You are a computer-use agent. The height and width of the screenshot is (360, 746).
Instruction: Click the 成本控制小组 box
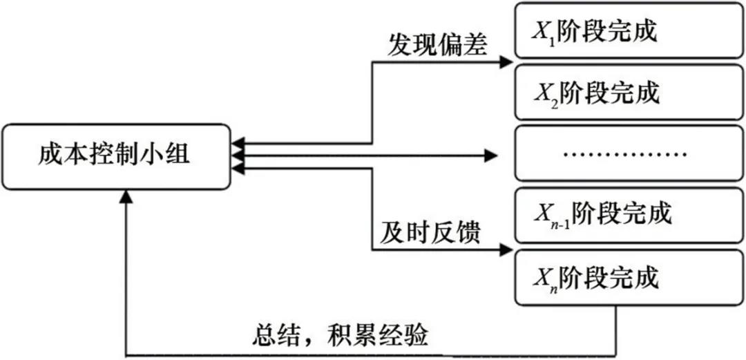115,156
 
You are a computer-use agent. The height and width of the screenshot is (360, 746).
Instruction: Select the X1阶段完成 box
629,32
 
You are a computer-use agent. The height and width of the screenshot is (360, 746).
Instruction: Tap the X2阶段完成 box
629,92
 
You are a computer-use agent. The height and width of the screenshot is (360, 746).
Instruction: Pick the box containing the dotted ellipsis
629,153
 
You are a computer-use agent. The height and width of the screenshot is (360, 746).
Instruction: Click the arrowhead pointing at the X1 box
506,62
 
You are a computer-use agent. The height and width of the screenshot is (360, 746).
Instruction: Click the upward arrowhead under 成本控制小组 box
126,196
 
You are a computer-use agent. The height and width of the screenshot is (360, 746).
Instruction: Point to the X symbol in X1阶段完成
541,31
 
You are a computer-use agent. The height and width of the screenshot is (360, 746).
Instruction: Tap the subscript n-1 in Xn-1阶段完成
560,220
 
